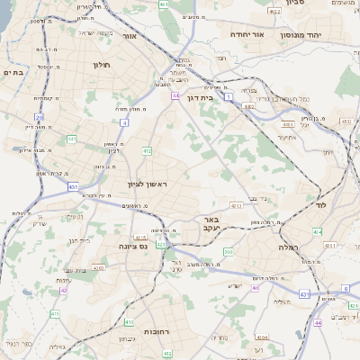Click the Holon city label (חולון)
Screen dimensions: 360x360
[100, 65]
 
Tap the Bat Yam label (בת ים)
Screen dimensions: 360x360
[12, 71]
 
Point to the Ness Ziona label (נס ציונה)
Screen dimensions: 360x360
[120, 246]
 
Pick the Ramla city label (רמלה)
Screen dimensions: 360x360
[288, 247]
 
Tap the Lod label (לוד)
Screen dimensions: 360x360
[321, 205]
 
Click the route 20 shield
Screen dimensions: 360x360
[39, 117]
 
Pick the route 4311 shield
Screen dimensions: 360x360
[97, 267]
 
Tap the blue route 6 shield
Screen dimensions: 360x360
[345, 289]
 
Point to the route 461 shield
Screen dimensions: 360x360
[164, 4]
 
